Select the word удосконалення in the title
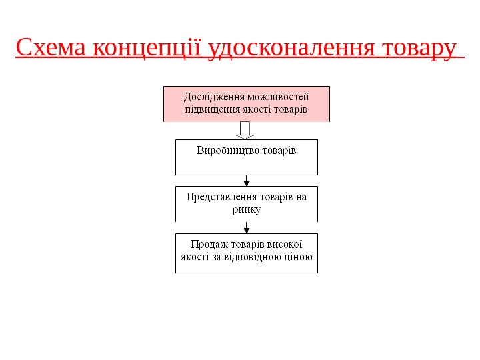coord(295,49)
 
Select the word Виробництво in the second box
coord(225,150)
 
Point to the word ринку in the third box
coord(247,209)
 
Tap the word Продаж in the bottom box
coord(209,244)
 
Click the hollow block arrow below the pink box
coord(246,130)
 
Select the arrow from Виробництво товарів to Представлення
coord(247,180)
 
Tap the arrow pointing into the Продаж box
coord(247,227)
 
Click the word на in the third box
coord(302,197)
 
